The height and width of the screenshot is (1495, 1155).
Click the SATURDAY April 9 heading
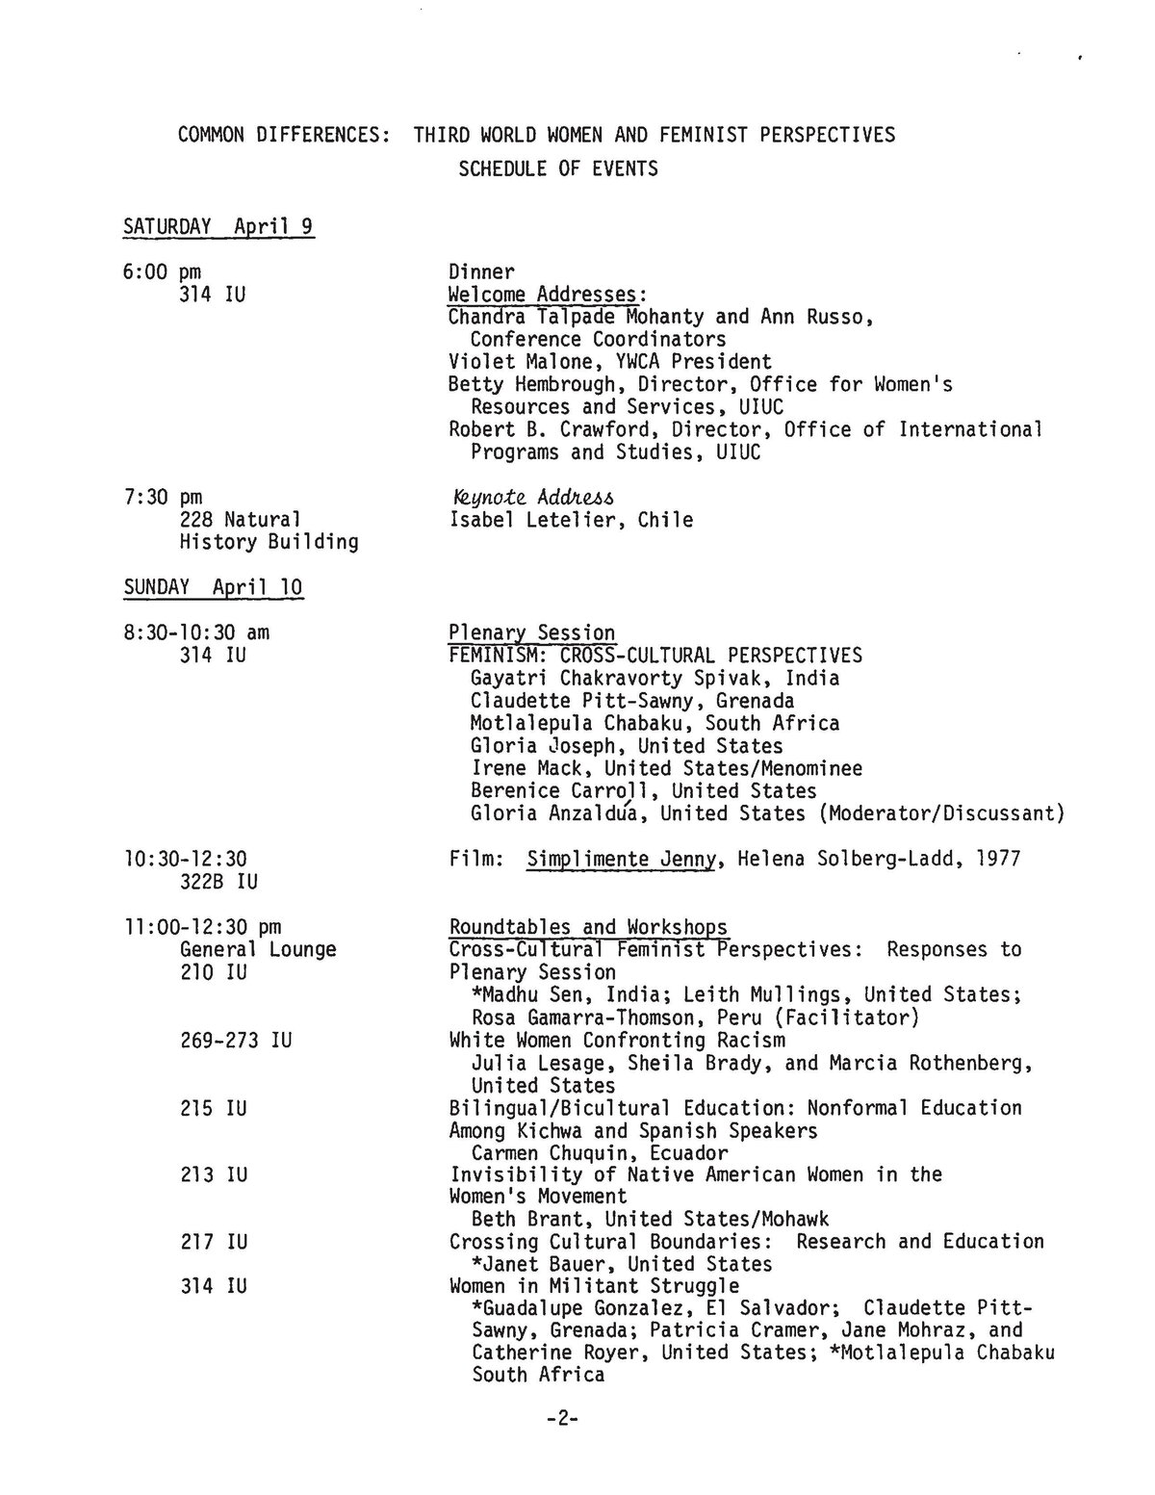pyautogui.click(x=218, y=227)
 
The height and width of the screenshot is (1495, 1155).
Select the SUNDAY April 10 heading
pyautogui.click(x=214, y=586)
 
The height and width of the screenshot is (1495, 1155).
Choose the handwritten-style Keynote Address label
pyautogui.click(x=531, y=498)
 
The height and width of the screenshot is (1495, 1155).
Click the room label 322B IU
pyautogui.click(x=218, y=882)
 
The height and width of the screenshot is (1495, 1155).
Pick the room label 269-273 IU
pyautogui.click(x=236, y=1041)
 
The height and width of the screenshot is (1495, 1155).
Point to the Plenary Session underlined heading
pyautogui.click(x=531, y=633)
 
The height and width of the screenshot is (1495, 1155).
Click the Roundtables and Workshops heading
pyautogui.click(x=588, y=927)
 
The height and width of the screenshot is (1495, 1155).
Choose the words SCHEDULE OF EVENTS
pyautogui.click(x=558, y=169)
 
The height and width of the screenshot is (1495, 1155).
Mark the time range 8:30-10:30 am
pyautogui.click(x=196, y=633)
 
